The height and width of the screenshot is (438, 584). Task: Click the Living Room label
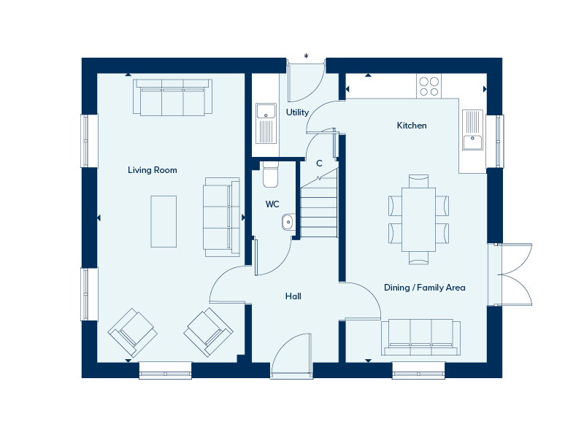click(x=153, y=170)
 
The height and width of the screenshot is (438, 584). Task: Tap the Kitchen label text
click(x=412, y=126)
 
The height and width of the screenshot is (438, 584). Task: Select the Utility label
click(x=297, y=112)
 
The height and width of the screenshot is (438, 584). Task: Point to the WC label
click(x=272, y=204)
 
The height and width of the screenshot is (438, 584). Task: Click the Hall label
click(x=293, y=296)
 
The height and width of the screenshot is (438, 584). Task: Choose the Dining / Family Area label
click(x=425, y=288)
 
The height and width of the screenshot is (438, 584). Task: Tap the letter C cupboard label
click(x=319, y=163)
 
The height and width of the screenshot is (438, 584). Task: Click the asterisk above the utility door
click(x=306, y=56)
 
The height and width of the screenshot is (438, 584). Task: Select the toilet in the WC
click(x=270, y=174)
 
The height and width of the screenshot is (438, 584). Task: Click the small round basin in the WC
click(x=288, y=222)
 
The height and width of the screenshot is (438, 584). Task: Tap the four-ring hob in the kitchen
click(x=429, y=86)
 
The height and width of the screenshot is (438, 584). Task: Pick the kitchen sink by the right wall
click(x=472, y=130)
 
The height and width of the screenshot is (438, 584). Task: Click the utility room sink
click(x=266, y=123)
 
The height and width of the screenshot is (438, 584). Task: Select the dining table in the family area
click(x=418, y=220)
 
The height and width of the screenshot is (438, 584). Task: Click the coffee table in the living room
click(x=164, y=222)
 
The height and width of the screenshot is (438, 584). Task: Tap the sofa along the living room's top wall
click(x=173, y=97)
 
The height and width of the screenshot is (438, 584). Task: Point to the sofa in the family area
click(x=421, y=337)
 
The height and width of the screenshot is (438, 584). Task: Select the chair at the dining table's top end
click(x=418, y=181)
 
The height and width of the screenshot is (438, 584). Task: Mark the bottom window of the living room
click(x=166, y=371)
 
